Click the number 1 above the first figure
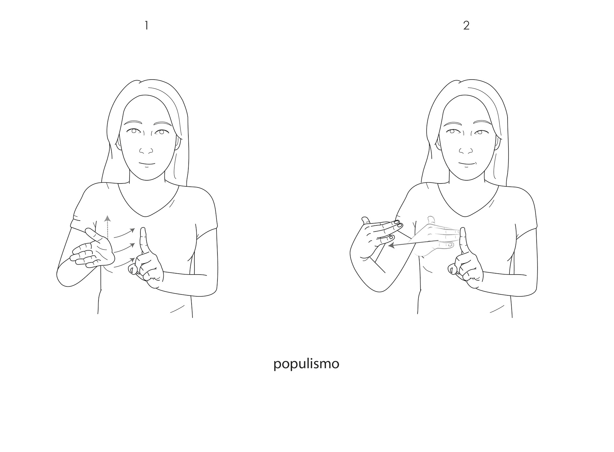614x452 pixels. (146, 26)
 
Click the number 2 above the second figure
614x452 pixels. (466, 26)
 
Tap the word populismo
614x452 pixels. (306, 364)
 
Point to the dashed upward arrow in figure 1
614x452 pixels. (108, 227)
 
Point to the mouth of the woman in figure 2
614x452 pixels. (466, 164)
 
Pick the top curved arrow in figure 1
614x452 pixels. (124, 233)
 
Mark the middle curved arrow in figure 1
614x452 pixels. (124, 248)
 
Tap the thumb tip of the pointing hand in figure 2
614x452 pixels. (452, 269)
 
